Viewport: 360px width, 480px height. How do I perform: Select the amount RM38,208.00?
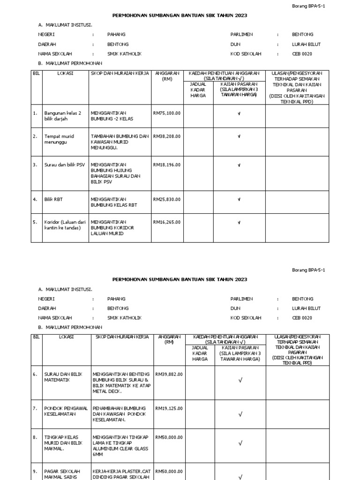click(166, 136)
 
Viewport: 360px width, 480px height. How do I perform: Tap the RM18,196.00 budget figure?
click(166, 165)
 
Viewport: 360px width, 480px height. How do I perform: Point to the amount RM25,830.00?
click(166, 199)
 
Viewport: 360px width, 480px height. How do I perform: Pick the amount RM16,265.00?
click(166, 222)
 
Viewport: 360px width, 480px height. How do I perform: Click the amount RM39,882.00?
click(169, 374)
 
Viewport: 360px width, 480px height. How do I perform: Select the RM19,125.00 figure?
click(169, 408)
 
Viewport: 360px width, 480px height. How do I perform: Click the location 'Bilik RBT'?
click(53, 199)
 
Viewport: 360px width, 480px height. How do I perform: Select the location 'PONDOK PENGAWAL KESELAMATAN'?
click(66, 411)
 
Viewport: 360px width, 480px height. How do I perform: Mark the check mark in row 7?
click(240, 414)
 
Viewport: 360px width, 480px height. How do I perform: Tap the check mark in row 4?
click(239, 200)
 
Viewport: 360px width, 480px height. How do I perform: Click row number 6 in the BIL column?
click(35, 374)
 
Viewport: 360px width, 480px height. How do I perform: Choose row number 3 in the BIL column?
click(35, 165)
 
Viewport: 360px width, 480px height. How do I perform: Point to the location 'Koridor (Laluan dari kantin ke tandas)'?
click(65, 225)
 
